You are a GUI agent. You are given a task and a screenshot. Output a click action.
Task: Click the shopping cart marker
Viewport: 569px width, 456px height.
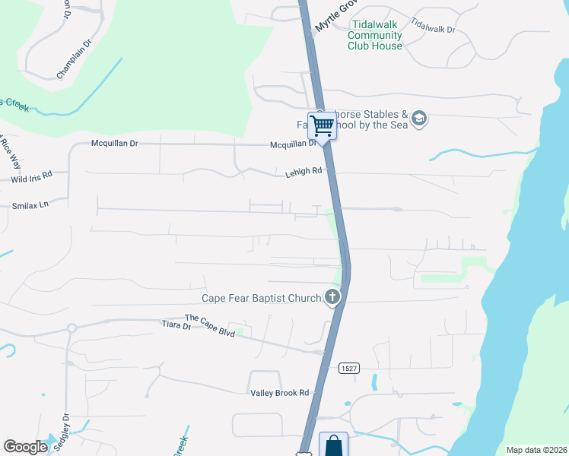coord(323,126)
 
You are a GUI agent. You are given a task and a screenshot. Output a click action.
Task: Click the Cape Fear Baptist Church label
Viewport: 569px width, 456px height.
coord(261,299)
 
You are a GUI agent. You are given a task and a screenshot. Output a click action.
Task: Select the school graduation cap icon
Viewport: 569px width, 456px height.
coord(419,119)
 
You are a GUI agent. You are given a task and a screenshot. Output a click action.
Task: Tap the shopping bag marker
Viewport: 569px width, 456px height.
coord(334,445)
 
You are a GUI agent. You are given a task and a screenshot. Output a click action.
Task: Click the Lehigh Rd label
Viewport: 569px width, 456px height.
coord(304,173)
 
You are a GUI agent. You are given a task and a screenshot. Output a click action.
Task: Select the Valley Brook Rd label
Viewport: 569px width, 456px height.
coord(280,393)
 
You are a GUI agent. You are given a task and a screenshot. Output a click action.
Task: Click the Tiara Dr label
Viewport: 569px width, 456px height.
coord(176,325)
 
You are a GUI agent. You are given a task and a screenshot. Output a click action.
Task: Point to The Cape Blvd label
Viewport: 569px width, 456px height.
coord(210,324)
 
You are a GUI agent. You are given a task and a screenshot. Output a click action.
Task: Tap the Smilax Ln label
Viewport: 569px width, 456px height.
coord(30,205)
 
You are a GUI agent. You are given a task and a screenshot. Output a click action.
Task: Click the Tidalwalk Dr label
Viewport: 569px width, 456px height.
coord(432,24)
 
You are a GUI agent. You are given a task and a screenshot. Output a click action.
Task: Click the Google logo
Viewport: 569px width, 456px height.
coord(25,447)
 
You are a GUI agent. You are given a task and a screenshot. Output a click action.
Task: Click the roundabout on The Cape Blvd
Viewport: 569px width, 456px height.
coord(72,328)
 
